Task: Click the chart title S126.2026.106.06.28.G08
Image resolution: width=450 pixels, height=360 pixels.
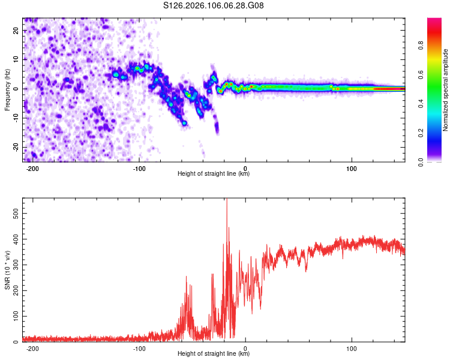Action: [x=214, y=6]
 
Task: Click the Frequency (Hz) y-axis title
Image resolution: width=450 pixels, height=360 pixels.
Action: [x=7, y=89]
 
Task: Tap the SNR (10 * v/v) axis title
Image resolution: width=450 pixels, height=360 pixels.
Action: [x=7, y=270]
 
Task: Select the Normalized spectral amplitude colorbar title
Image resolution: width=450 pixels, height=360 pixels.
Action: [x=446, y=90]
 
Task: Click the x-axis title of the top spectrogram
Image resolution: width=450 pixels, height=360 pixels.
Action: [x=214, y=174]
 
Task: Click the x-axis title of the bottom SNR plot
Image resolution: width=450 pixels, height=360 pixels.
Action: [x=214, y=354]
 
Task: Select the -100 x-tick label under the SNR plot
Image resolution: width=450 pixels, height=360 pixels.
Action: [x=139, y=348]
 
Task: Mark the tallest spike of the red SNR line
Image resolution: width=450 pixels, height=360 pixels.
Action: [x=226, y=200]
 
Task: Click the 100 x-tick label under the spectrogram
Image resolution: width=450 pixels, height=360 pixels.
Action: [x=352, y=168]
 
